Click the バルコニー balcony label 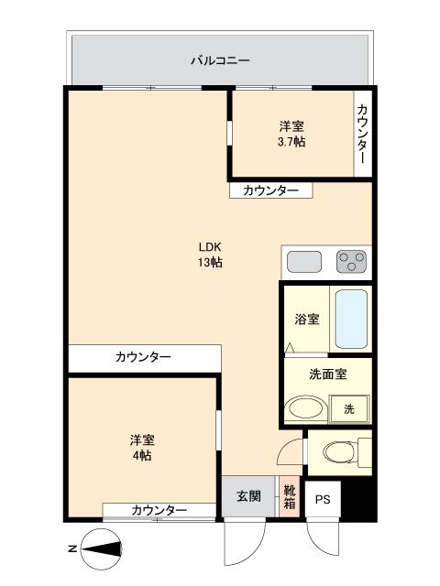[220, 61]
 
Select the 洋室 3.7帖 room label [292, 135]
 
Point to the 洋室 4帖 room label [140, 447]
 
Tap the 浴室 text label [307, 320]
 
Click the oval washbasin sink [306, 408]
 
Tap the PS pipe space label [323, 500]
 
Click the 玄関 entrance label [248, 497]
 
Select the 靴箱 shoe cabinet [289, 497]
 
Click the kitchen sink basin [303, 263]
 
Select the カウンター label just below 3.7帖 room [269, 190]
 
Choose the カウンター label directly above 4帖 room [143, 357]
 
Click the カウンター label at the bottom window [159, 510]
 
